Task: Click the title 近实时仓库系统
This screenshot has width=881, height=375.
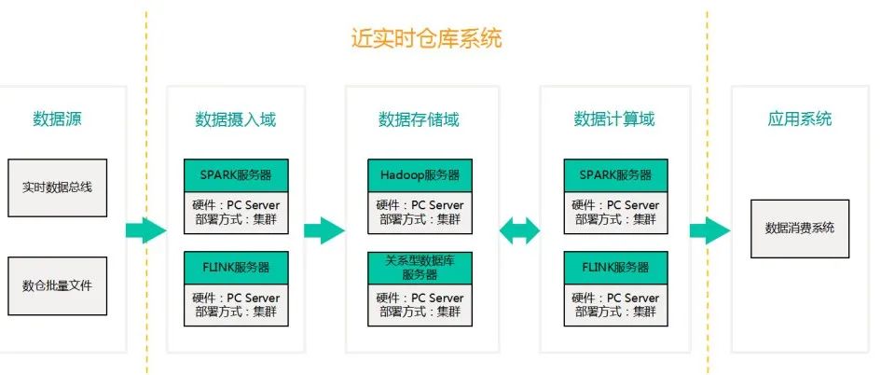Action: point(426,39)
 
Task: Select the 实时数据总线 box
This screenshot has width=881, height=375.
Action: point(58,187)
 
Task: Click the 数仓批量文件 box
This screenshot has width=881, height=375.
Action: point(58,285)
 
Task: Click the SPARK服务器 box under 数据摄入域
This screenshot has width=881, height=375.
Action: point(235,175)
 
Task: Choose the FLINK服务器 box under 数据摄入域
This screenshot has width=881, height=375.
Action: point(235,267)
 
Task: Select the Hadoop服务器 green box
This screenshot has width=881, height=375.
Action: point(420,175)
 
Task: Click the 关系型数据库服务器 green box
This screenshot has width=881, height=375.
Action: point(420,268)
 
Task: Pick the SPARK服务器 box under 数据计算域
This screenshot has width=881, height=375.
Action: point(614,175)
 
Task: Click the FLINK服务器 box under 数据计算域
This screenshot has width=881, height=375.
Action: point(614,267)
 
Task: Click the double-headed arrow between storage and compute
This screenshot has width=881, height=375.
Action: point(519,230)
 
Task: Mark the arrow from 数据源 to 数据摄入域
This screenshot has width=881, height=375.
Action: point(145,230)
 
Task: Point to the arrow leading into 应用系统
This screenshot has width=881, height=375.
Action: point(709,230)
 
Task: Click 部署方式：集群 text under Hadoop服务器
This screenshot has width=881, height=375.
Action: point(420,220)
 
